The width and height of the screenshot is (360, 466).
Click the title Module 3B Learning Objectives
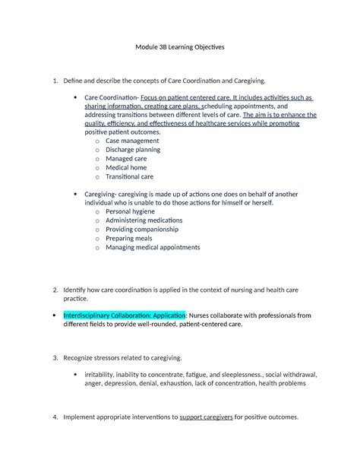(180, 47)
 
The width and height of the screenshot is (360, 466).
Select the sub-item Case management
(132, 141)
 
